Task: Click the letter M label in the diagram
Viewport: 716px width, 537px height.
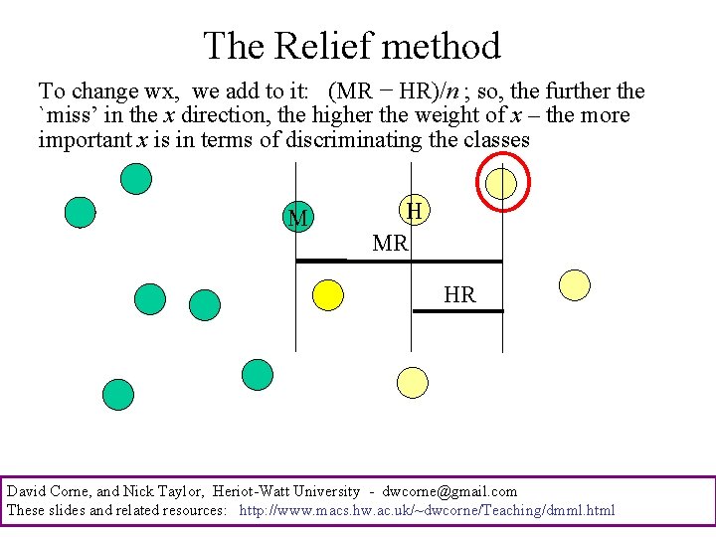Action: [296, 219]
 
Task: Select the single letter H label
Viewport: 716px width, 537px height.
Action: [415, 211]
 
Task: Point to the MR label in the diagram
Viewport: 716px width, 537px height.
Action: [390, 243]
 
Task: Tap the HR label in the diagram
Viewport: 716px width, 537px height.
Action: [459, 295]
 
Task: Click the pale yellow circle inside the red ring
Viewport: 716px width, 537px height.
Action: [502, 182]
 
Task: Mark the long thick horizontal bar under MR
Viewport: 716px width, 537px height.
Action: [399, 261]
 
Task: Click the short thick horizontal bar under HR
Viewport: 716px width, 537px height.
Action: [458, 311]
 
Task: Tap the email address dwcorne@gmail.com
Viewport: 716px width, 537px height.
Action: [449, 491]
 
